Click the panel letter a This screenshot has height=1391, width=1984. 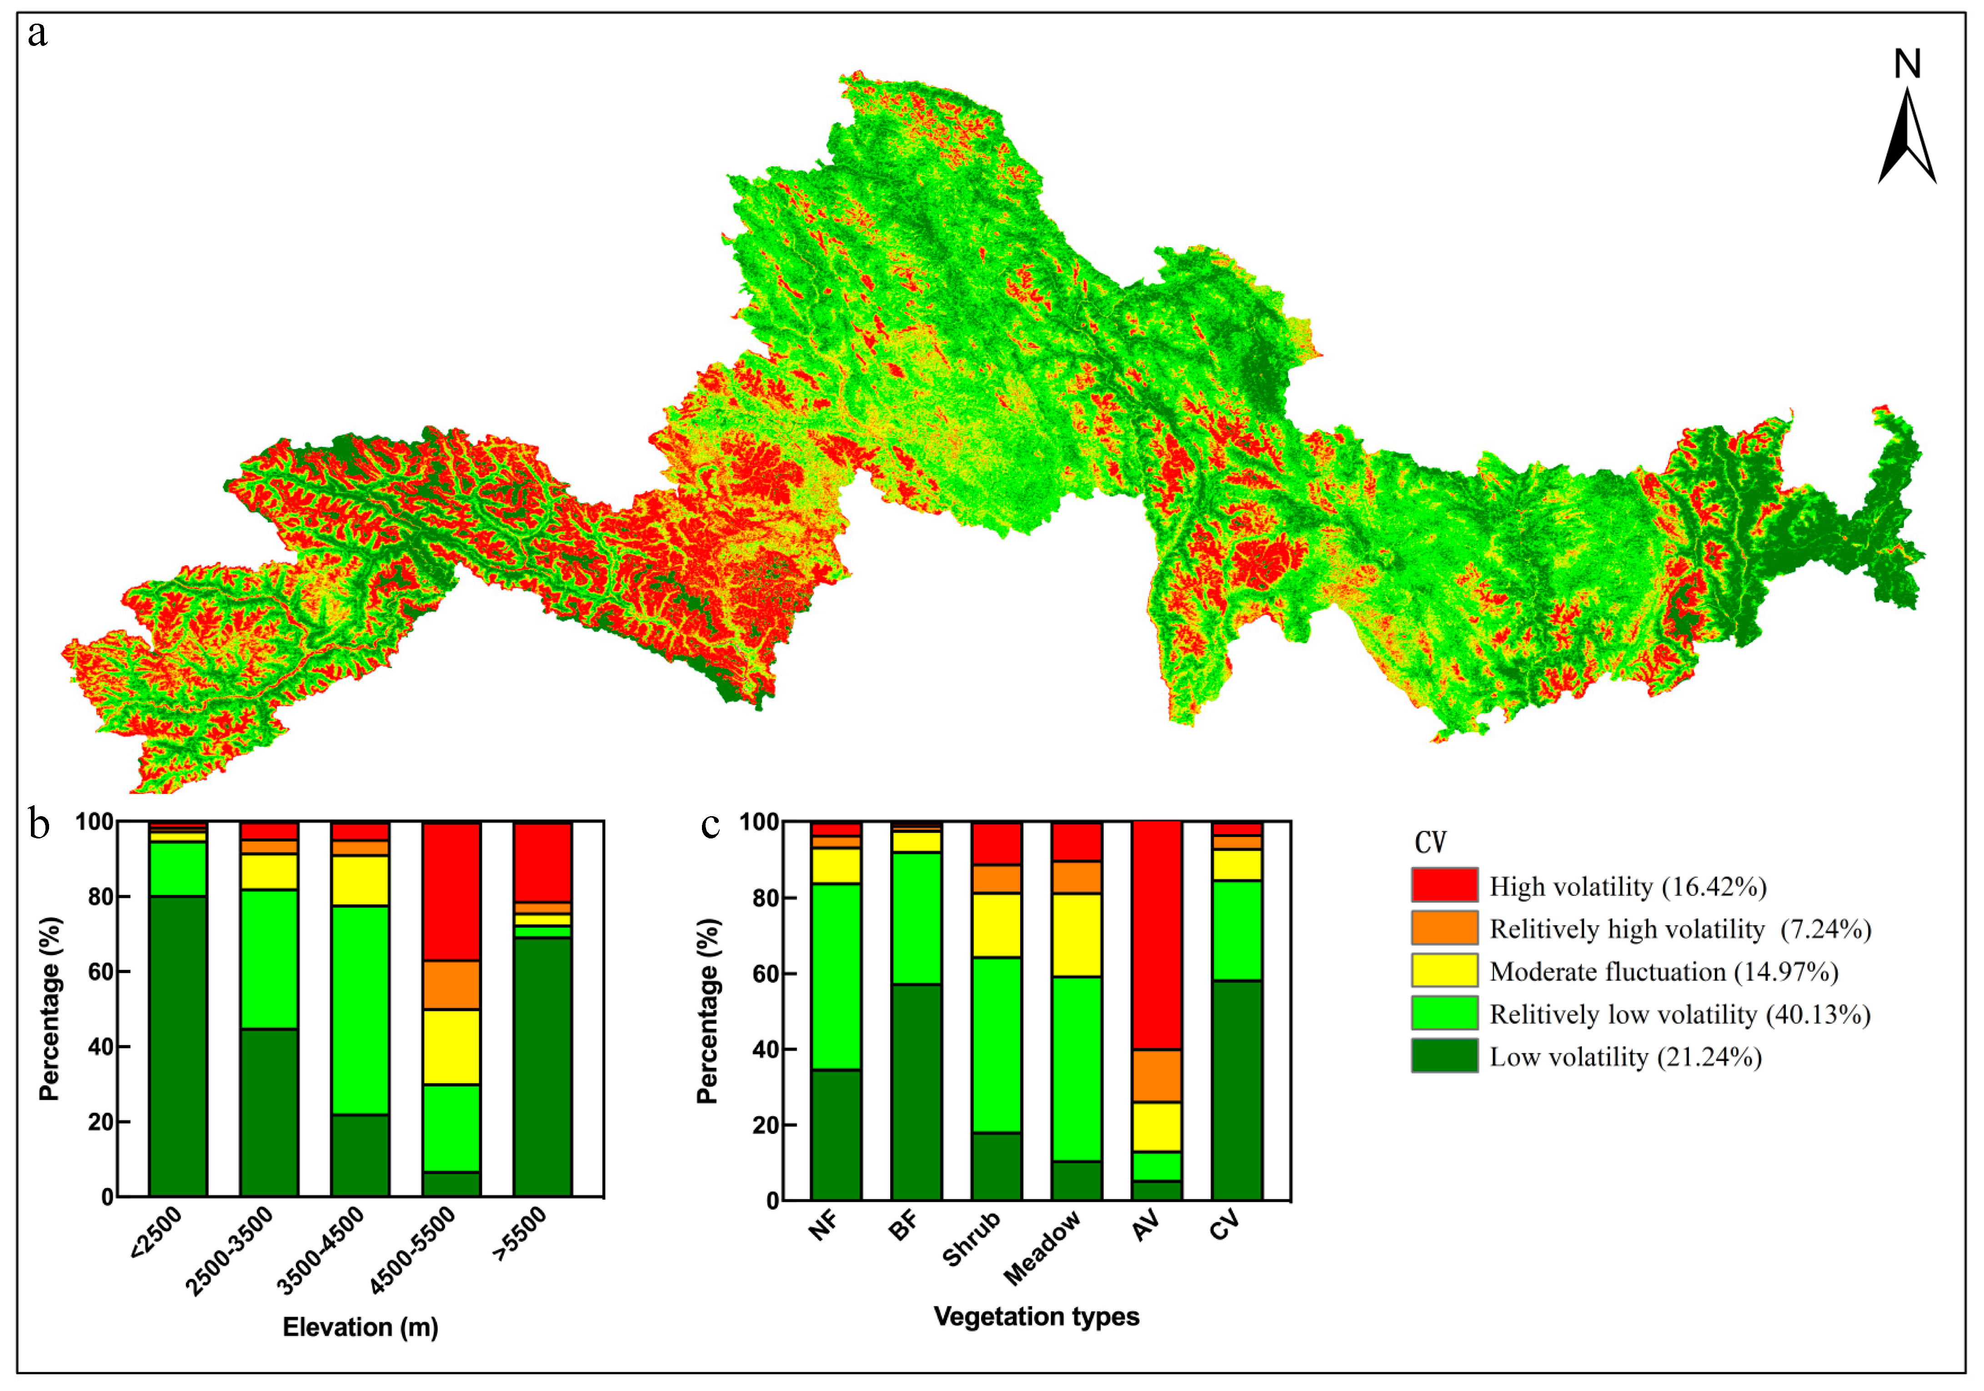37,35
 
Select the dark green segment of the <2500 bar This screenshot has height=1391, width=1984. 178,1046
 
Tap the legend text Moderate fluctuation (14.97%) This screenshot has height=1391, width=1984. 1663,972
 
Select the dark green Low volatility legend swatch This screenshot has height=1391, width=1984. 1444,1056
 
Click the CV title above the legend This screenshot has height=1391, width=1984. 1430,843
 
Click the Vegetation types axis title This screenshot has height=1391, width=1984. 1036,1316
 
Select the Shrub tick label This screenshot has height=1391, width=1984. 972,1238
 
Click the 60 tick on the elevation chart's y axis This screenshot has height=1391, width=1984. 100,972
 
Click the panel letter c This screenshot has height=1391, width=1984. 710,825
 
